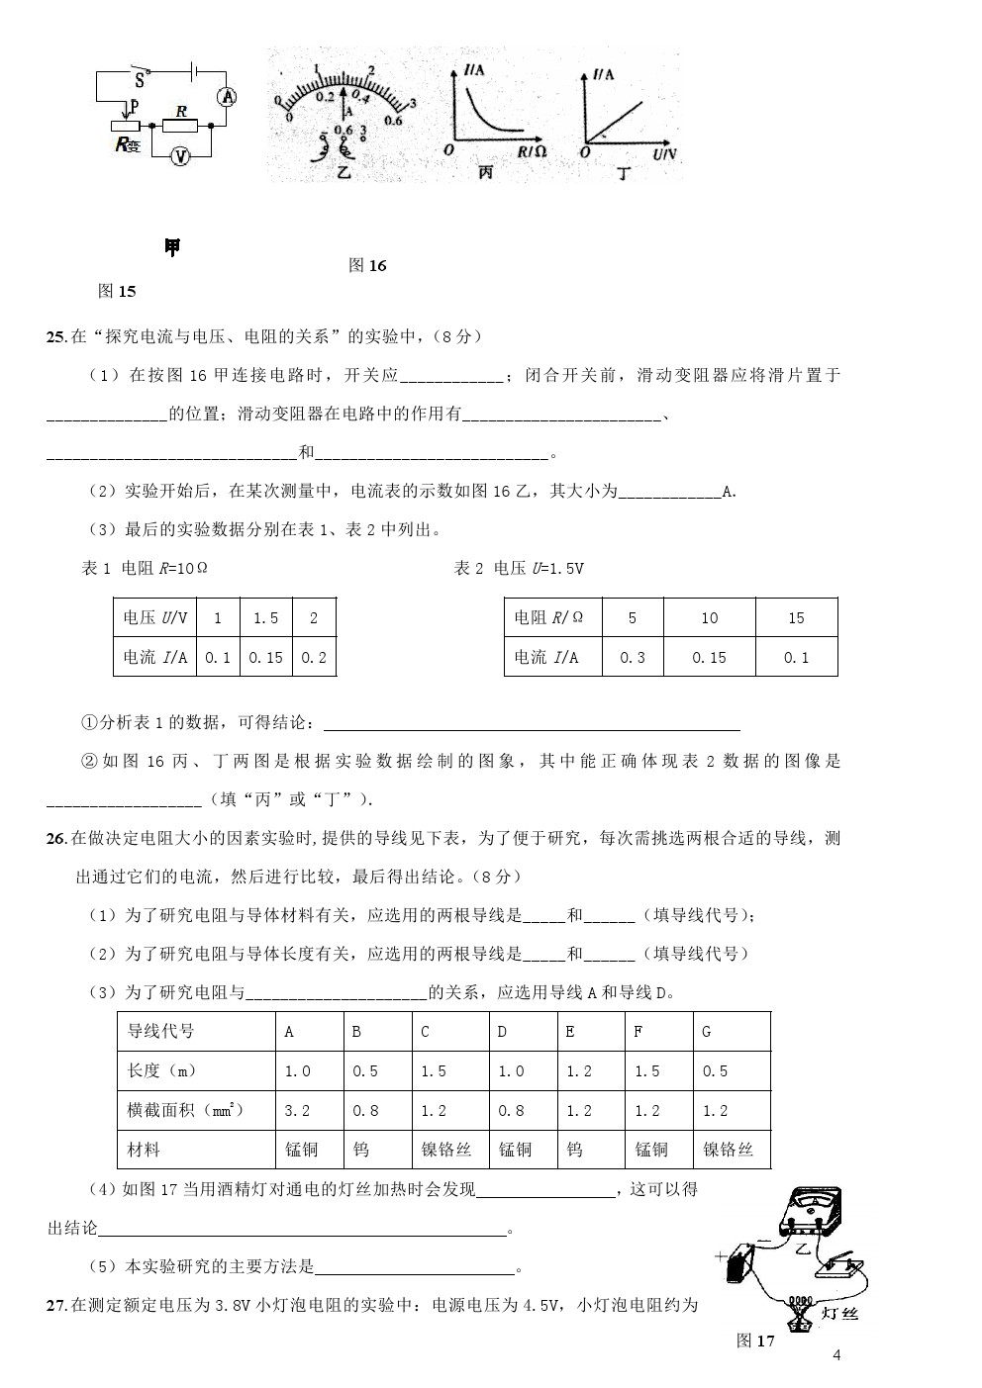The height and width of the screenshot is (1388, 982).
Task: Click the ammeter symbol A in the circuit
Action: [x=227, y=96]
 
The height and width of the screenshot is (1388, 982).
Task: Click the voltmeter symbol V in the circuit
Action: [x=180, y=156]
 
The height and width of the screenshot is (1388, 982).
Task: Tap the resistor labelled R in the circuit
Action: [x=181, y=126]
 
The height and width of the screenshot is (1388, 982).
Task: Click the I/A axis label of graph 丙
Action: [x=473, y=70]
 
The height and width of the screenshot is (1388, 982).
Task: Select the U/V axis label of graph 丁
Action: [x=665, y=155]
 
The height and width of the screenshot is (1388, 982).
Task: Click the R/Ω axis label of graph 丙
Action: [x=532, y=152]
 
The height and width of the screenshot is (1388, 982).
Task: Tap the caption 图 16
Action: [x=367, y=265]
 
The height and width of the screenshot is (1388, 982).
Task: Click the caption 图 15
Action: [x=117, y=291]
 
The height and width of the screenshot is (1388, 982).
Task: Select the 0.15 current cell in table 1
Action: [x=265, y=657]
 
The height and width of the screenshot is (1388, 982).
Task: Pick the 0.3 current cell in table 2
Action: [x=632, y=657]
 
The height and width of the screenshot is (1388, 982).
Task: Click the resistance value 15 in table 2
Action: [x=796, y=618]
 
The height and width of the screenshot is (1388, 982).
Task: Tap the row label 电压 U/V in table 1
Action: [x=153, y=618]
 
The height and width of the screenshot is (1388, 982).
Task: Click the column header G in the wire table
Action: [x=707, y=1031]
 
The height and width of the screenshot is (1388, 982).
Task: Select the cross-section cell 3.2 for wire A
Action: [x=297, y=1110]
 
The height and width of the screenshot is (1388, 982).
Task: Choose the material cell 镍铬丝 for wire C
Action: [x=446, y=1150]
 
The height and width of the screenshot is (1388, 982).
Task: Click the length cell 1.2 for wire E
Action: [x=578, y=1070]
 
